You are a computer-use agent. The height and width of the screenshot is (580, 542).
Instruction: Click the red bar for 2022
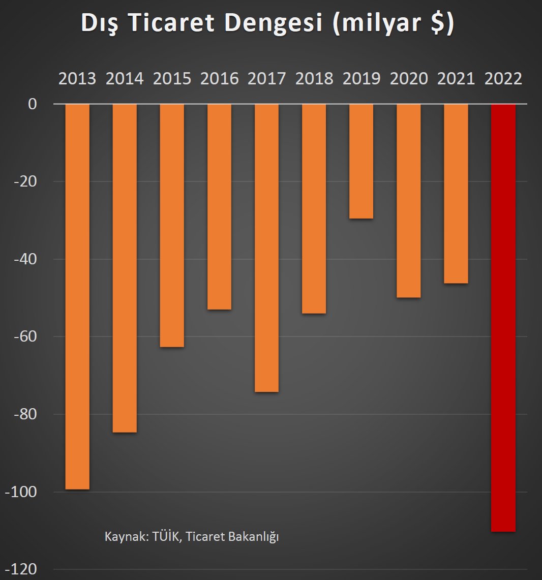[503, 318]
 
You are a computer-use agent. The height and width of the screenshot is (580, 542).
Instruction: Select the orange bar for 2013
[77, 296]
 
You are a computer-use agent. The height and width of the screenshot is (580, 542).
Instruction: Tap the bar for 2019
[361, 161]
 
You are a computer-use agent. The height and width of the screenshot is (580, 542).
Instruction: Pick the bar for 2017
[266, 248]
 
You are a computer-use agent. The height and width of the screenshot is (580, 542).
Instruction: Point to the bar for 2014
[125, 268]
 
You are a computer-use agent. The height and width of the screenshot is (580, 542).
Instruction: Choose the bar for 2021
[456, 194]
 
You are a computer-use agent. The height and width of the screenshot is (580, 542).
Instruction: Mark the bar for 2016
[219, 206]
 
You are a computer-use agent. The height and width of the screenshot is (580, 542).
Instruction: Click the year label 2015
[172, 79]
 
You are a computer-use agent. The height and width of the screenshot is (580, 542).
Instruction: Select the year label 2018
[314, 79]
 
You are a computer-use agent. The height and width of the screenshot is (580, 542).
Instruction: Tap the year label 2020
[408, 79]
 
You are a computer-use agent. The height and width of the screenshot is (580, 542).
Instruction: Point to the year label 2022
[503, 79]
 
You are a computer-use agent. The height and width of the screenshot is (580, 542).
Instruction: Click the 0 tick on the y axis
[33, 104]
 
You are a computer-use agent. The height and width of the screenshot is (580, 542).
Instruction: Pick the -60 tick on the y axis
[25, 337]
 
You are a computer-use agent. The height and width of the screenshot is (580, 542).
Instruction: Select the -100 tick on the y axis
[21, 492]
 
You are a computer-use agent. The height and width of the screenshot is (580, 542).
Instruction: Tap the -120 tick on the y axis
[21, 569]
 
